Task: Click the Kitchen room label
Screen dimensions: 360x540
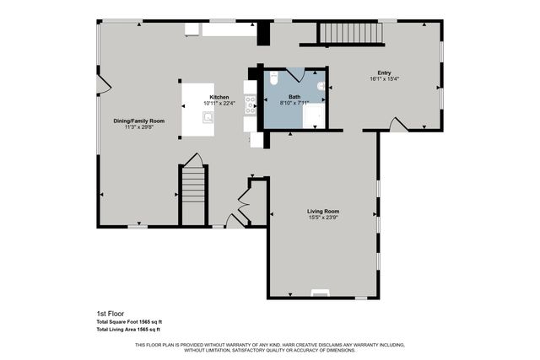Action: [219, 98]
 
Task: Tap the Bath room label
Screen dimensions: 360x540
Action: [294, 97]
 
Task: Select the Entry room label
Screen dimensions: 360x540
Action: [384, 73]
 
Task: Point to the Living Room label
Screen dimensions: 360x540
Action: [322, 211]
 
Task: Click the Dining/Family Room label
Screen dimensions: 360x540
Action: [139, 121]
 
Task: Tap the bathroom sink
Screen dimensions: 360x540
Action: [321, 86]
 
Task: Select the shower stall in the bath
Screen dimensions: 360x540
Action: [314, 117]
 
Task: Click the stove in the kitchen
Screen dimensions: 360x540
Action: [250, 105]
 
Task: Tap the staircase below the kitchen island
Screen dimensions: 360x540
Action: [194, 194]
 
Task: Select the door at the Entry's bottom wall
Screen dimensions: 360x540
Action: [400, 125]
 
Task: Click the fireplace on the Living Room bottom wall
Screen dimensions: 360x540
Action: [320, 293]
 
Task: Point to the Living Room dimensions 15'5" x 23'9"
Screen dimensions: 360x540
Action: [322, 218]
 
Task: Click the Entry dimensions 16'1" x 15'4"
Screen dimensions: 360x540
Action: [384, 79]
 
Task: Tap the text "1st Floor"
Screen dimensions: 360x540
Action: [111, 314]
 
